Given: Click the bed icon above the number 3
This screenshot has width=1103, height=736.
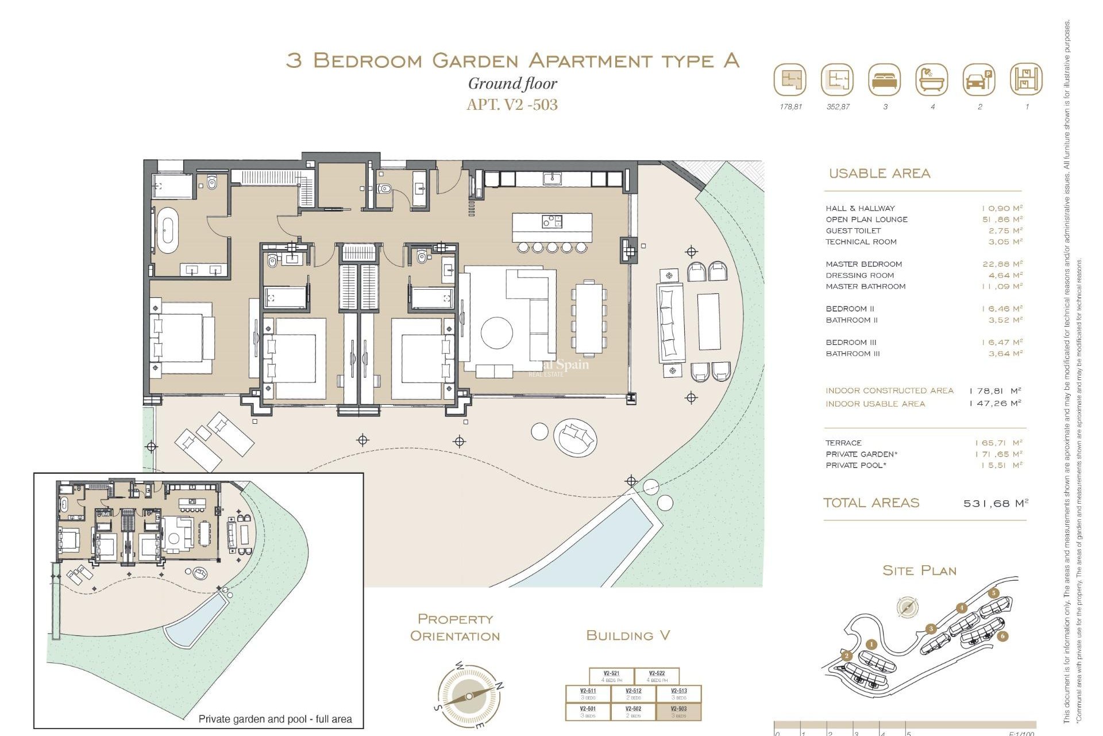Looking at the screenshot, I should tap(885, 80).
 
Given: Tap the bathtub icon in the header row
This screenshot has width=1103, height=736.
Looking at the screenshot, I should tap(932, 80).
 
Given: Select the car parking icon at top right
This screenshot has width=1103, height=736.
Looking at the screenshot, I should tap(979, 80).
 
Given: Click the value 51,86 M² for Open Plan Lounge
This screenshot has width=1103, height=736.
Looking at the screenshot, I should tap(1002, 219).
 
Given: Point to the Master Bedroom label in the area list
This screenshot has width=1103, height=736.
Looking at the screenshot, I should tap(863, 264).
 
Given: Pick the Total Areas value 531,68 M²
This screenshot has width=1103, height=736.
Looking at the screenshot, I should tap(996, 503).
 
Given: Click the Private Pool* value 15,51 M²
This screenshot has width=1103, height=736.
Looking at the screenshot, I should tap(1002, 465).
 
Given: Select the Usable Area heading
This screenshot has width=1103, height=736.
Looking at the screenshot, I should tap(879, 173).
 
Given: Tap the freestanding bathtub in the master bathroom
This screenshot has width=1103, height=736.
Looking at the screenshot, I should tap(168, 231).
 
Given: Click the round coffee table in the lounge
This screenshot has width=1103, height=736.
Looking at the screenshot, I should tap(496, 333).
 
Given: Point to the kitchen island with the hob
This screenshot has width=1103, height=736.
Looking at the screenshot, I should tap(551, 228).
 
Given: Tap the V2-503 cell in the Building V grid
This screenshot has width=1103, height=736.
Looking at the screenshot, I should tap(678, 711).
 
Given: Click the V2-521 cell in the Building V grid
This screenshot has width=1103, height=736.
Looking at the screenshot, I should tap(611, 676).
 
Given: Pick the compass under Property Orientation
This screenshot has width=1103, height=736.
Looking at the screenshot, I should tap(469, 696).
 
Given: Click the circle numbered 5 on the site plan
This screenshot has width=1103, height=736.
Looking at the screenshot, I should tap(994, 593).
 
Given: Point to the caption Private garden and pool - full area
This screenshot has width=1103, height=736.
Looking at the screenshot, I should tap(275, 719).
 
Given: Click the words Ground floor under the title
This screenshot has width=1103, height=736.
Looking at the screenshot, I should tap(512, 84).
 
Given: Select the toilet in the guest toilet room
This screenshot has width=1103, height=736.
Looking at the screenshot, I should tap(384, 189).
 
